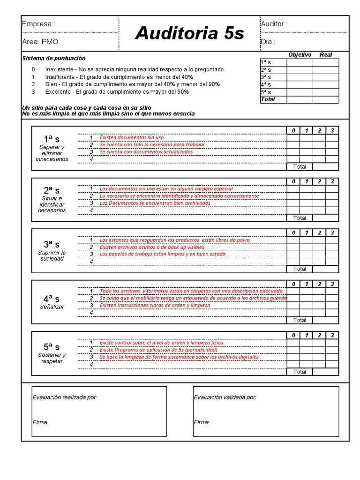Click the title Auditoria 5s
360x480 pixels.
point(189,33)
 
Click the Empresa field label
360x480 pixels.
point(38,24)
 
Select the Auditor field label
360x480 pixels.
point(274,24)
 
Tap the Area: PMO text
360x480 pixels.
point(40,42)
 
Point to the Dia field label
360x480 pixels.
point(268,42)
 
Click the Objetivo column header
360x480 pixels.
point(300,55)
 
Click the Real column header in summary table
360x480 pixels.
point(325,55)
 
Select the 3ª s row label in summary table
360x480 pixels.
point(266,77)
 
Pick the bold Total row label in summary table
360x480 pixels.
point(268,99)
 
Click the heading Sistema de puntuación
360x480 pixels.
point(54,59)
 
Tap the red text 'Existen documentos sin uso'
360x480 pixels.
point(132,138)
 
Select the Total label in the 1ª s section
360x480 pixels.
point(300,166)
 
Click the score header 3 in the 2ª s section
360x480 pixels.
point(332,181)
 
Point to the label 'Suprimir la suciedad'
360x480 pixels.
point(52,256)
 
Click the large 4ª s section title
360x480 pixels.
point(52,298)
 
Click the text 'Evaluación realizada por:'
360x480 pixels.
point(65,397)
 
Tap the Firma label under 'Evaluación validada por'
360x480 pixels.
point(201,422)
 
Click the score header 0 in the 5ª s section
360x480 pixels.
point(293,335)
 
